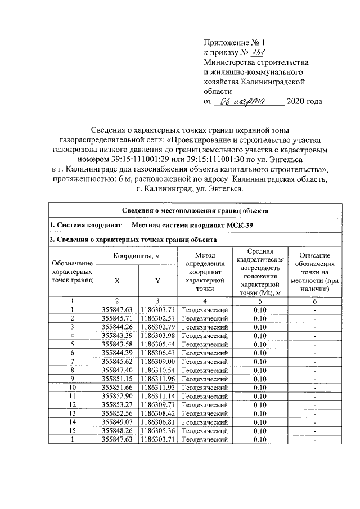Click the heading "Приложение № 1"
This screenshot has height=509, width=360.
(x=233, y=42)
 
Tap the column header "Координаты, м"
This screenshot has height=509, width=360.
(x=137, y=256)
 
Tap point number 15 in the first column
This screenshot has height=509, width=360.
(x=72, y=430)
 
